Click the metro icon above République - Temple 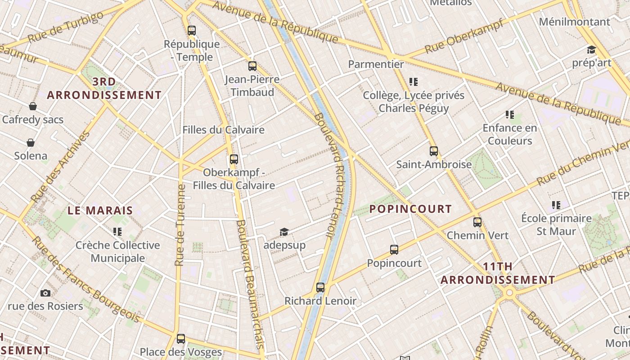192,31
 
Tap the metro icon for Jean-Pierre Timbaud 252,66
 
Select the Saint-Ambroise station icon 434,151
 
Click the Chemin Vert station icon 477,222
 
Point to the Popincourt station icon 394,250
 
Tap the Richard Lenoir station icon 320,288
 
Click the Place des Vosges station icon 181,339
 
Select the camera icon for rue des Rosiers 45,293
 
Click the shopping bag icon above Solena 31,143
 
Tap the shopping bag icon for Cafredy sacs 33,106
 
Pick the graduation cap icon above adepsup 284,232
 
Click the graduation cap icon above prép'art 591,49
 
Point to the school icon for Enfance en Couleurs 510,115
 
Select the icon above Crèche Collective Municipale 117,232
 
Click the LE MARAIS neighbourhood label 100,210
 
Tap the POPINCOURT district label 410,209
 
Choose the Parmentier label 376,64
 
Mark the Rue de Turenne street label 180,225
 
